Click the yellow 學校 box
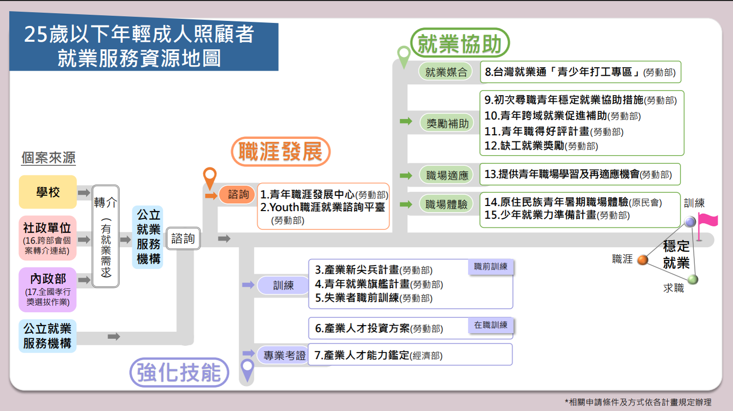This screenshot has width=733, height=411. [48, 192]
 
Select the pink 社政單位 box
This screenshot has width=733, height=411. [48, 238]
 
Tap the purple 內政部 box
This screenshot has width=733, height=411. [48, 290]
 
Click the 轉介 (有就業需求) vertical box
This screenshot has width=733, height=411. [105, 236]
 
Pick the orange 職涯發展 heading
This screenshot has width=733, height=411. [281, 152]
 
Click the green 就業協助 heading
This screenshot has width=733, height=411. [460, 43]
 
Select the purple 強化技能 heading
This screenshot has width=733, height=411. [179, 372]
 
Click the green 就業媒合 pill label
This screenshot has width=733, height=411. [446, 72]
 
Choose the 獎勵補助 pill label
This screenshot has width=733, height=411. [447, 123]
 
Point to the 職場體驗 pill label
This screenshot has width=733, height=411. [446, 204]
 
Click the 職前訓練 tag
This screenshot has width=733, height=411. [491, 267]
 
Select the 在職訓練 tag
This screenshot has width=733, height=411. [491, 325]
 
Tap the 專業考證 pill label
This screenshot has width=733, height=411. [284, 355]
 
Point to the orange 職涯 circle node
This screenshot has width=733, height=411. [643, 260]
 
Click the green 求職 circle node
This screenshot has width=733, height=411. [693, 280]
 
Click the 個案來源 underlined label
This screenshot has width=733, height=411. [48, 158]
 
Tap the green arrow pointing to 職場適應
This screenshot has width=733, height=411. [406, 175]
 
